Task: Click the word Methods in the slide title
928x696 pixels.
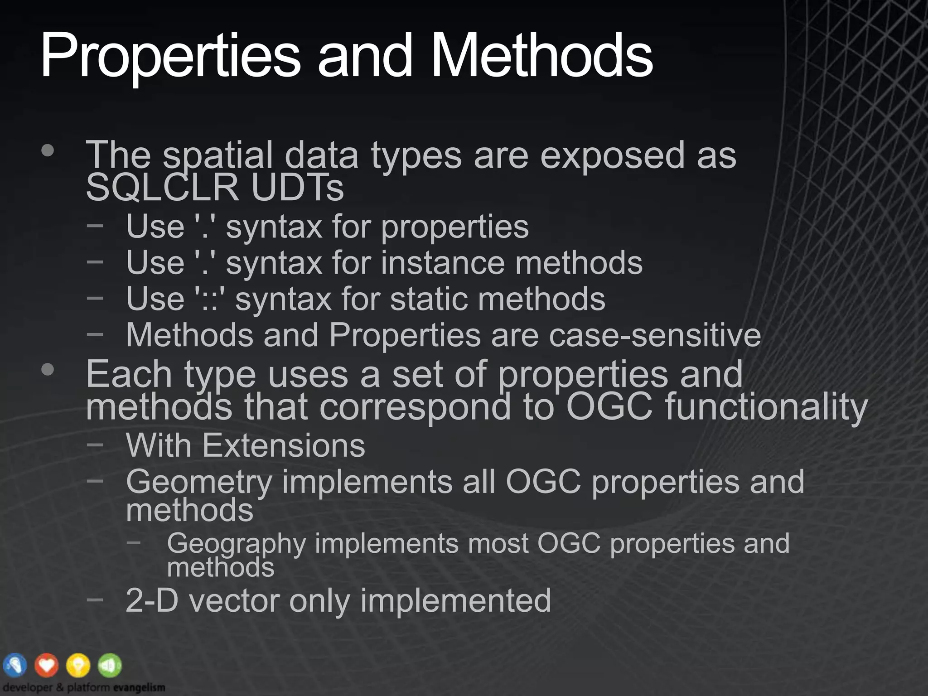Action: click(542, 57)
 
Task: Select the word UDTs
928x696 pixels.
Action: click(298, 188)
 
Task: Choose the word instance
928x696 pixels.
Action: click(443, 263)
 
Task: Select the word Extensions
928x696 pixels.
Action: click(283, 445)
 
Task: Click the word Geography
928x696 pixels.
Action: click(236, 544)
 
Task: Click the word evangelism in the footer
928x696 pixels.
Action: click(139, 687)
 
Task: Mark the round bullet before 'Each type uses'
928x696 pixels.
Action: click(47, 370)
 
